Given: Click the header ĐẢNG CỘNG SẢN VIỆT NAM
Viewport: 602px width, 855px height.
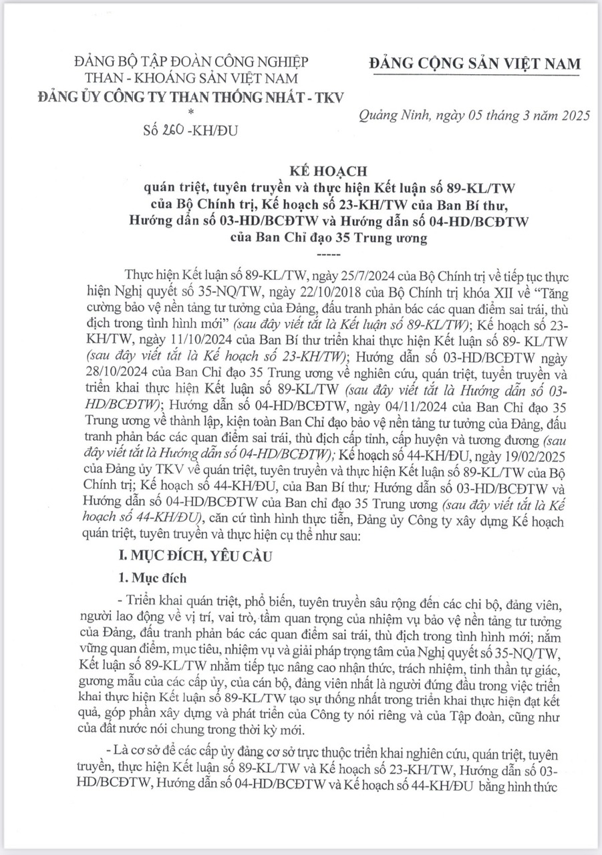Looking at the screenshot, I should tap(474, 64).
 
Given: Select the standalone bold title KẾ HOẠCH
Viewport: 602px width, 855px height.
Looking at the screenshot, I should tap(301, 171).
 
